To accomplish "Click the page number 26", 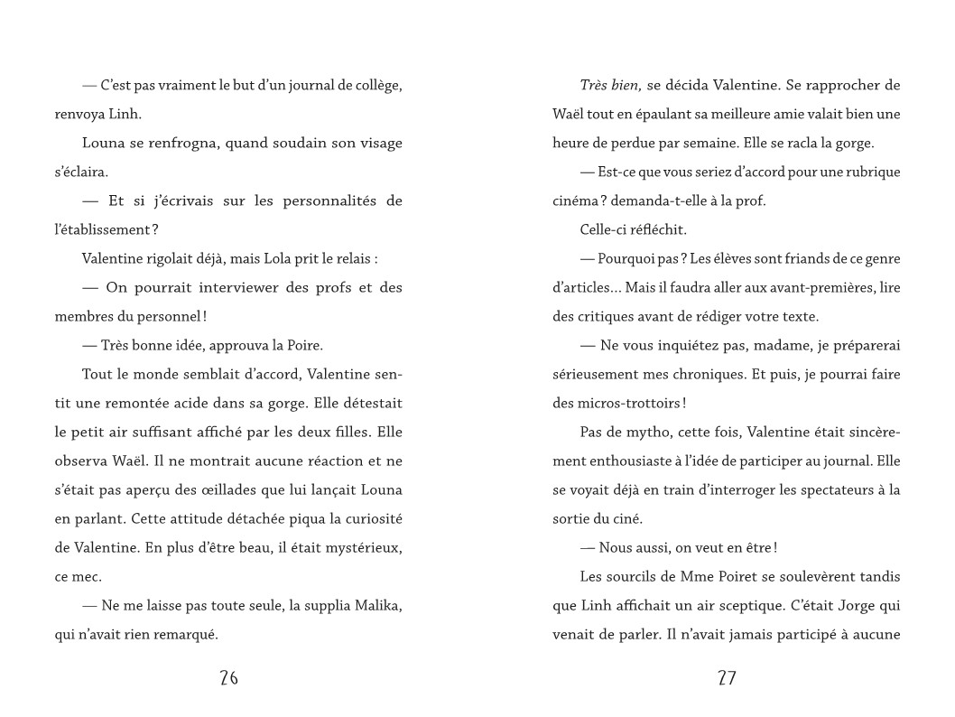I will (228, 678).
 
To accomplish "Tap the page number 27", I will (727, 678).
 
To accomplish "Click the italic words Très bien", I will (610, 85).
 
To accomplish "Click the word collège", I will (374, 85).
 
